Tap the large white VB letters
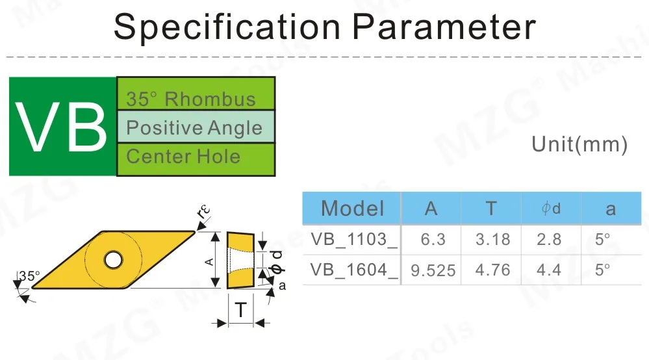pos(62,126)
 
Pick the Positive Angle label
pos(194,127)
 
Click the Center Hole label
pos(183,157)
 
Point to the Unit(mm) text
pos(579,144)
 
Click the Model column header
pos(352,208)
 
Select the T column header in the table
pos(491,208)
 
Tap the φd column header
pos(550,208)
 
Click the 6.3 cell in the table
pos(433,239)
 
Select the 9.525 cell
pos(433,270)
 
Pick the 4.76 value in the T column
pos(492,270)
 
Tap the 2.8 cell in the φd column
pos(549,239)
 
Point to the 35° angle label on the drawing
pos(29,276)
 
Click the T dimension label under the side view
pos(240,311)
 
